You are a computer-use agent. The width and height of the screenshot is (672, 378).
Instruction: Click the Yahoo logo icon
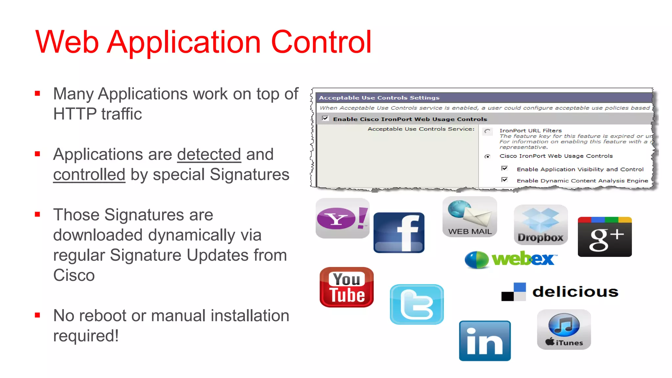(342, 218)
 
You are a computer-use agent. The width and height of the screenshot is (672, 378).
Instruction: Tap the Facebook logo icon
(399, 233)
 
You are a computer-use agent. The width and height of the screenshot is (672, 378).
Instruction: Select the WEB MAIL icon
(470, 217)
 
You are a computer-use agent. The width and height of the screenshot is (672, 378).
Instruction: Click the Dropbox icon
(540, 225)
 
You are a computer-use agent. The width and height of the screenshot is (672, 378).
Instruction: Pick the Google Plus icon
(604, 237)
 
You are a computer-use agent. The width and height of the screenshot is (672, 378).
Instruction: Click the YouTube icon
(346, 287)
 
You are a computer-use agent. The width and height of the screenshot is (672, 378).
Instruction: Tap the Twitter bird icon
(416, 304)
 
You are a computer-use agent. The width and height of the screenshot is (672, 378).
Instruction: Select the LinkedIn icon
(485, 341)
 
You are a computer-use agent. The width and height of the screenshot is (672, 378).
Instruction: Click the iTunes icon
(564, 329)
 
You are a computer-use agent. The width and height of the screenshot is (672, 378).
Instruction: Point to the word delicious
(575, 292)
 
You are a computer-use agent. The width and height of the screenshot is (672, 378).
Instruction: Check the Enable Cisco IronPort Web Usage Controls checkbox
(325, 118)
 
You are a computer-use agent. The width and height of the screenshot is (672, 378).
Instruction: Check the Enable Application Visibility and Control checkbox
(504, 169)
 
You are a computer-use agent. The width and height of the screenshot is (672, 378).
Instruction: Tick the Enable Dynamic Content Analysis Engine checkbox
(504, 180)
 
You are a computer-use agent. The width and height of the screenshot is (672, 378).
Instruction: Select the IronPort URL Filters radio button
(487, 132)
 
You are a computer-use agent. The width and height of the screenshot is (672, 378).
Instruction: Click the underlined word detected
(209, 154)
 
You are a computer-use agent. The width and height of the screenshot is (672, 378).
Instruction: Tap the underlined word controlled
(89, 174)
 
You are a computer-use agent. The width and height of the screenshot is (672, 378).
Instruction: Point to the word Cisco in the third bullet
(74, 275)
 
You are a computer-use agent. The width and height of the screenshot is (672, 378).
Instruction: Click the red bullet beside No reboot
(37, 315)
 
